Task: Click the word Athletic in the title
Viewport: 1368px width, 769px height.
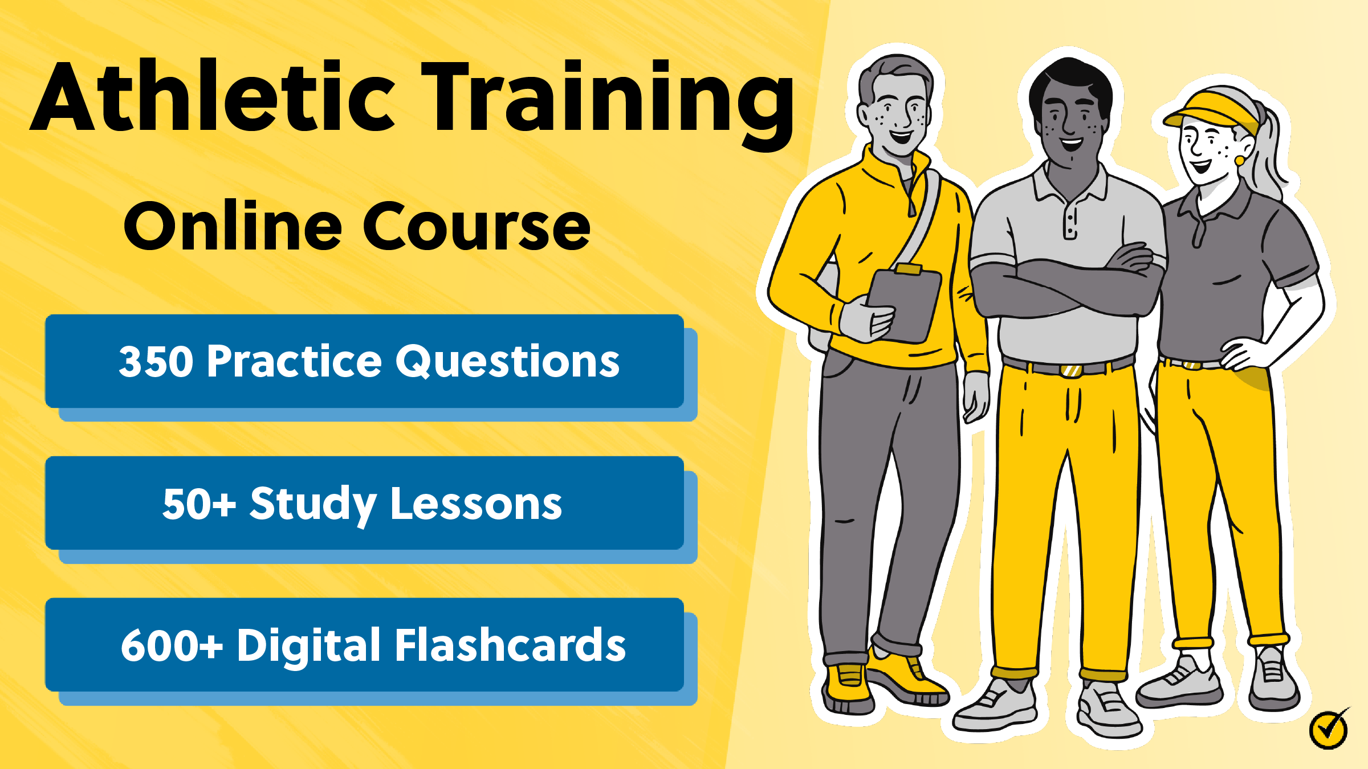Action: (x=214, y=97)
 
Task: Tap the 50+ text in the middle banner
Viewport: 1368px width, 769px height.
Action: (x=198, y=504)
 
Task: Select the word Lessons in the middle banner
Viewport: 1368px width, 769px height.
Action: (x=476, y=504)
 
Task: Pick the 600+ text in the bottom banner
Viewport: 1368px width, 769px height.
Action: (x=172, y=645)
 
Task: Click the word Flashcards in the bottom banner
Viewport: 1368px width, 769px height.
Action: (x=510, y=645)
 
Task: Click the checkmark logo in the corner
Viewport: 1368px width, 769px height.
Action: (x=1329, y=729)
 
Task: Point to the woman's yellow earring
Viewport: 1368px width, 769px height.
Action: (x=1240, y=161)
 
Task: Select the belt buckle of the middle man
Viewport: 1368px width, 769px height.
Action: (x=1071, y=370)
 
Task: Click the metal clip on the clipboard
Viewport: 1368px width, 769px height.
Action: (x=909, y=269)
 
